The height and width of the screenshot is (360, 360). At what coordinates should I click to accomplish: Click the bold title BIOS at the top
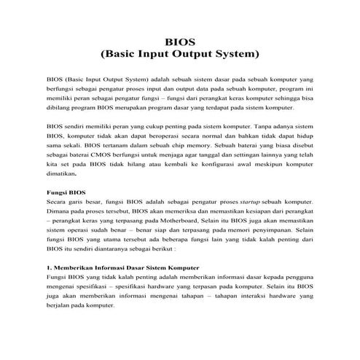point(180,42)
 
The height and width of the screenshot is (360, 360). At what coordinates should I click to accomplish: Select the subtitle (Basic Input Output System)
point(180,53)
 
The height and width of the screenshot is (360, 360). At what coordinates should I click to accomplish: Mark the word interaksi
point(246,297)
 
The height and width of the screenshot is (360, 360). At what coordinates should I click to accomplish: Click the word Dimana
point(58,216)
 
